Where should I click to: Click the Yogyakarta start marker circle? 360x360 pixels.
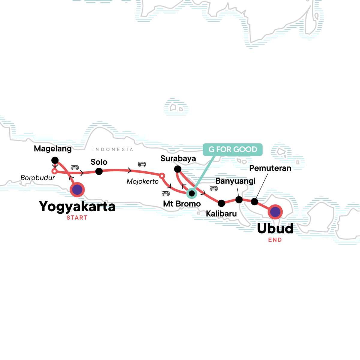77,190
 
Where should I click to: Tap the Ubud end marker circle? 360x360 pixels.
275,212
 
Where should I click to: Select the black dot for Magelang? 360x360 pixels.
55,160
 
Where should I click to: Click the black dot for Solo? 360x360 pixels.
99,171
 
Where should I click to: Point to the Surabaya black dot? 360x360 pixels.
178,169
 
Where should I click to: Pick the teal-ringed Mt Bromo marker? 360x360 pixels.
191,193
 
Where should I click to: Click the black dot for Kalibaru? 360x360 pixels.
221,203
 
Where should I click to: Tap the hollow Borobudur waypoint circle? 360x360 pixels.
54,171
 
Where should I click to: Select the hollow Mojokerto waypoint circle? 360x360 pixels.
162,175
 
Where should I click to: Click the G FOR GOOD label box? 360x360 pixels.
233,149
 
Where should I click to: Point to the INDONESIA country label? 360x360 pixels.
112,149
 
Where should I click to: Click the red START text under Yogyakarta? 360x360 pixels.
77,218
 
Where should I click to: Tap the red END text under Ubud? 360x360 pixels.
275,240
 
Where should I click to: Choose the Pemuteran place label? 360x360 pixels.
270,168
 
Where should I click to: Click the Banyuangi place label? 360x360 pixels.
235,181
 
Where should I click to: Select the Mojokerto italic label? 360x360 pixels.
142,181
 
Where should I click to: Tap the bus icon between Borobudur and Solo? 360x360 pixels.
75,167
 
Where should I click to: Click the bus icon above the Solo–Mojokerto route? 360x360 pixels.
142,164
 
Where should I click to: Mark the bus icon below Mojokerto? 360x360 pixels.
166,193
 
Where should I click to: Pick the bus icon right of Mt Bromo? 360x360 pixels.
214,188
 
